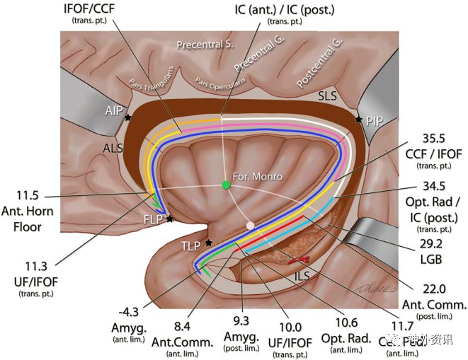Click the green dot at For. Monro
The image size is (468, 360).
(x=226, y=185)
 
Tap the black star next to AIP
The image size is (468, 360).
(x=128, y=118)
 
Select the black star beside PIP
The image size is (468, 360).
(x=359, y=120)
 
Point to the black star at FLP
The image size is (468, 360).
(x=170, y=219)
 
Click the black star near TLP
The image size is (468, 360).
(x=208, y=243)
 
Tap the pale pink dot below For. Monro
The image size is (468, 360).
(x=249, y=226)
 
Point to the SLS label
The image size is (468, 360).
(x=327, y=95)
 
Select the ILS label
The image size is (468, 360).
(x=304, y=278)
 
